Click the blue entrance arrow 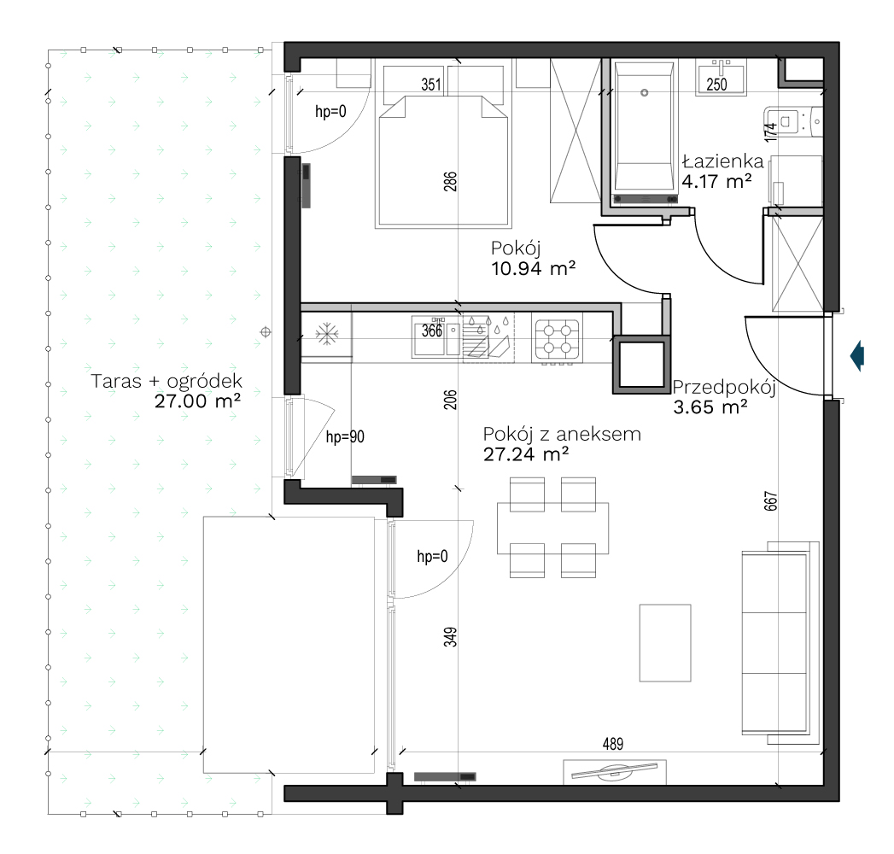(x=857, y=356)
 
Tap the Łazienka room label (x=723, y=161)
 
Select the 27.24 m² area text (x=526, y=454)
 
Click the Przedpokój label (x=724, y=389)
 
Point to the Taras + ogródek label (x=167, y=382)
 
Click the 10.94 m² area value (x=533, y=268)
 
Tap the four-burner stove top (x=557, y=339)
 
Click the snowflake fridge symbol (x=327, y=334)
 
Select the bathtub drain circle (x=645, y=92)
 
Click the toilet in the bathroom (x=794, y=121)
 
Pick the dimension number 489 (x=613, y=743)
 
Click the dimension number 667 (x=770, y=501)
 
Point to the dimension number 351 (x=431, y=85)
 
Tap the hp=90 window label (x=345, y=436)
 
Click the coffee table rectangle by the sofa (x=665, y=643)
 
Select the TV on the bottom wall (x=615, y=771)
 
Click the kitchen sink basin (x=436, y=338)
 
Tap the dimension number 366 (x=431, y=330)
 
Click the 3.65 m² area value (x=710, y=407)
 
